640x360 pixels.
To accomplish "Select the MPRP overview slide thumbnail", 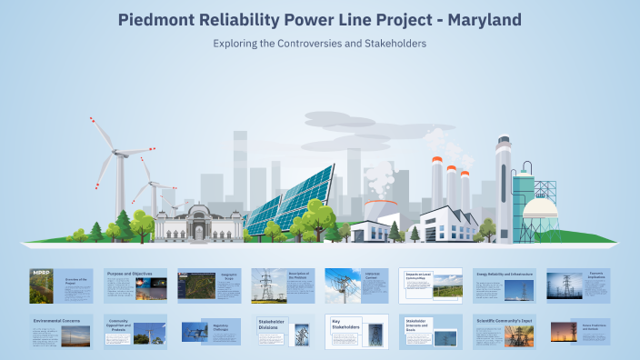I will [58, 285].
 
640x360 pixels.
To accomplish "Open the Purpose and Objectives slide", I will [135, 285].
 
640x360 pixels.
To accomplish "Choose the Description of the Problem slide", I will [282, 285].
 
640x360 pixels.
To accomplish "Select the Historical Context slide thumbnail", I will [355, 285].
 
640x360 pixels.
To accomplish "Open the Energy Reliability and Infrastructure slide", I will [503, 285].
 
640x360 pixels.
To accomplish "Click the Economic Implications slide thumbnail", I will [577, 285].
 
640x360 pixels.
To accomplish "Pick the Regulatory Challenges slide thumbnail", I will [208, 331].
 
